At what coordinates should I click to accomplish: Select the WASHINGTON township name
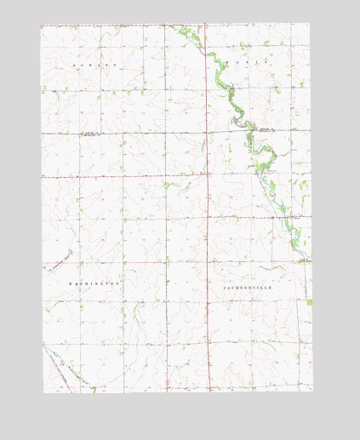[x=94, y=282]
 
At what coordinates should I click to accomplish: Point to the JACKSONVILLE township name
[x=249, y=289]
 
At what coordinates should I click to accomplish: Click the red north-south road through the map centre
[x=208, y=213]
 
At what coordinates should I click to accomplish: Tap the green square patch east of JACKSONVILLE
[x=308, y=302]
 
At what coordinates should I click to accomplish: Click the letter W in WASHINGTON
[x=70, y=282]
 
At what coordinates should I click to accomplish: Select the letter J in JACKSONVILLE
[x=225, y=289]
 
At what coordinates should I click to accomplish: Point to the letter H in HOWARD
[x=74, y=65]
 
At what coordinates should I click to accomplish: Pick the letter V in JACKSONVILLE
[x=254, y=289]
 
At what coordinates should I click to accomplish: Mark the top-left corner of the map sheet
[x=41, y=24]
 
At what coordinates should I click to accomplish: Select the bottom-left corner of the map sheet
[x=43, y=392]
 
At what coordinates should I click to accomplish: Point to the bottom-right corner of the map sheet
[x=312, y=391]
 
